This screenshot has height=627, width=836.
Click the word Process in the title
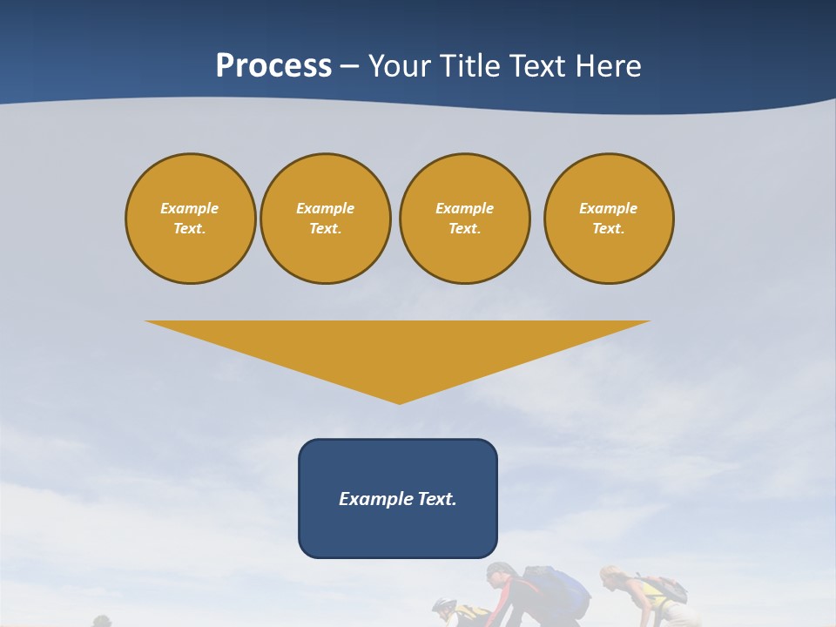(x=273, y=66)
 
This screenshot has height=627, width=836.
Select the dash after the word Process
(x=349, y=67)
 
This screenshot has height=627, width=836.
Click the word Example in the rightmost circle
(x=608, y=208)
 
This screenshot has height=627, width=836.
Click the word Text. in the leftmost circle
(x=190, y=229)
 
